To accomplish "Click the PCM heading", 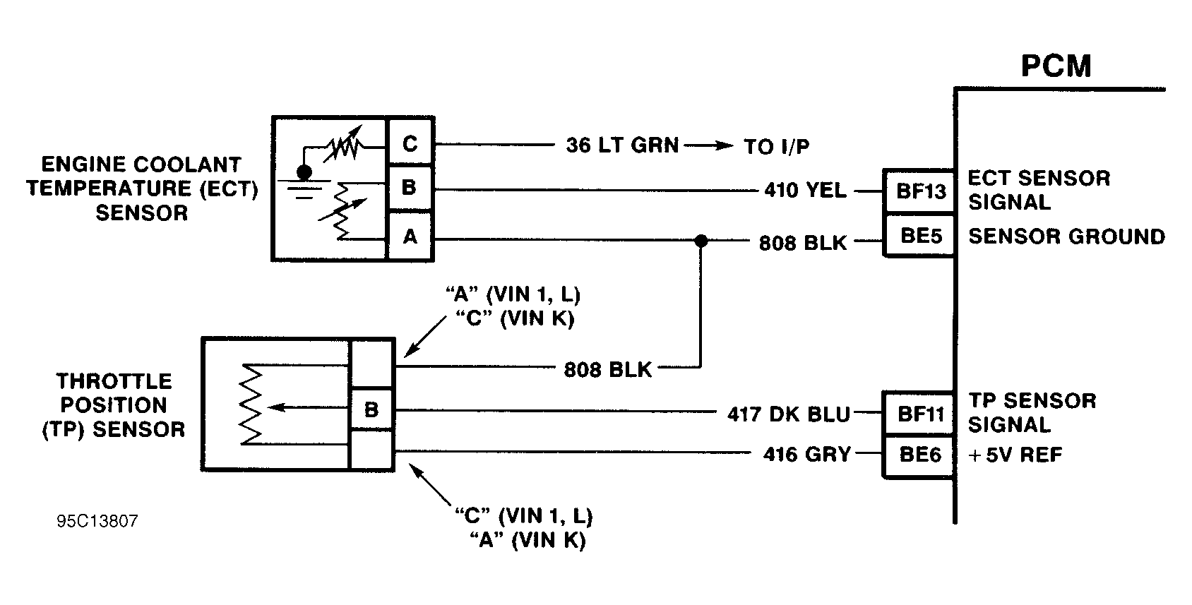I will pos(1056,66).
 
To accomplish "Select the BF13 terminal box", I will pos(920,191).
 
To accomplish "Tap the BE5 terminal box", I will pos(920,236).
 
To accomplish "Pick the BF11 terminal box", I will pos(920,414).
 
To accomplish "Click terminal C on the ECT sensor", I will pos(410,144).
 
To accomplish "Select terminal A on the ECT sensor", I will pos(410,237).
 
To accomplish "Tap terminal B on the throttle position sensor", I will pos(371,409).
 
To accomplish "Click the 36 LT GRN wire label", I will pos(621,145).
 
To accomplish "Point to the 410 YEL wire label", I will pos(804,191).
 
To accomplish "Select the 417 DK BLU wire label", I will pos(788,414).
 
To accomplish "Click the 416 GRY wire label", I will pos(806,455).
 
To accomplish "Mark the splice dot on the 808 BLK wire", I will pos(701,241).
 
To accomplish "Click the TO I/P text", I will pos(776,147).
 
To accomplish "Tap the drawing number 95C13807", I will pos(97,522).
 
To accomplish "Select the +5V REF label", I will pos(1015,455).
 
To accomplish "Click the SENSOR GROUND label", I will pos(1066,236).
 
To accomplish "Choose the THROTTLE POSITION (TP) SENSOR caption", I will pos(114,405).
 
